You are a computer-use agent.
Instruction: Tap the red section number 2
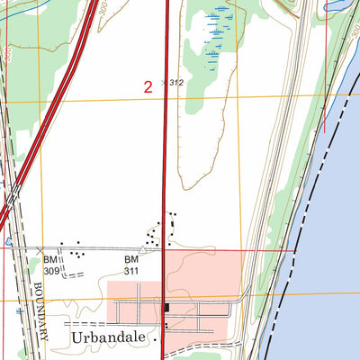click(x=148, y=86)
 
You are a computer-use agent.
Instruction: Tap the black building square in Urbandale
click(x=166, y=309)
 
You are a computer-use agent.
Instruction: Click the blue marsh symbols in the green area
click(x=215, y=36)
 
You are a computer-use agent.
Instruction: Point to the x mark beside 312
click(x=164, y=83)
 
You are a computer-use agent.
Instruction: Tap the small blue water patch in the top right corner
click(x=341, y=4)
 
